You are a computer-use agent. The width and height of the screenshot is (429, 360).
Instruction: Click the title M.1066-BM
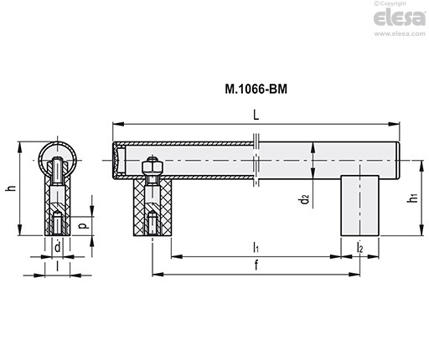pyautogui.click(x=256, y=90)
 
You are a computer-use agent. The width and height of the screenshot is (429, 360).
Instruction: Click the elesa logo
pyautogui.click(x=399, y=18)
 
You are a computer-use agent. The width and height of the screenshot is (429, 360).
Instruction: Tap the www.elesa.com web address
pyautogui.click(x=400, y=33)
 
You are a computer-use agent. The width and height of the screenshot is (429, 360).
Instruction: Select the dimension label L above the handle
pyautogui.click(x=256, y=115)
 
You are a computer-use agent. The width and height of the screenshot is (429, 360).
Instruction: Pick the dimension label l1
pyautogui.click(x=256, y=247)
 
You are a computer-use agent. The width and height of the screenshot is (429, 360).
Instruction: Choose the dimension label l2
pyautogui.click(x=359, y=247)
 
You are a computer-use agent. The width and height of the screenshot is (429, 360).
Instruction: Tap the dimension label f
pyautogui.click(x=256, y=265)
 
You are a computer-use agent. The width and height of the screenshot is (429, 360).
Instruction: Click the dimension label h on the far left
pyautogui.click(x=11, y=188)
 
